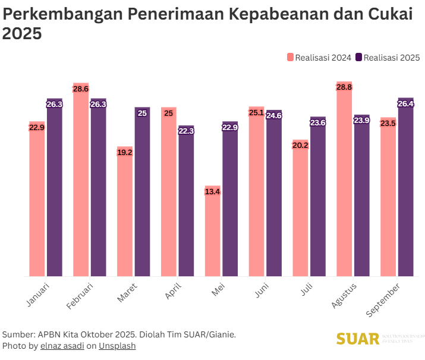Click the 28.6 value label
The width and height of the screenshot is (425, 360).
(x=81, y=89)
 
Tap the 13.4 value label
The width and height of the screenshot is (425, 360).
(x=212, y=191)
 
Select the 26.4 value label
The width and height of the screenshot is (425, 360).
(x=405, y=104)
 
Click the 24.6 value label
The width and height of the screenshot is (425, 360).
(x=274, y=116)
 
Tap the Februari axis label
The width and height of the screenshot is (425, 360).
(x=80, y=296)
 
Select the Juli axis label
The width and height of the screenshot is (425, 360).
(x=307, y=290)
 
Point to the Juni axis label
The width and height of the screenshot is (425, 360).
(x=262, y=290)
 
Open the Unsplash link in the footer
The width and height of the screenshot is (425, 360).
(x=117, y=346)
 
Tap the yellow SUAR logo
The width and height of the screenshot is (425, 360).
(x=357, y=339)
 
